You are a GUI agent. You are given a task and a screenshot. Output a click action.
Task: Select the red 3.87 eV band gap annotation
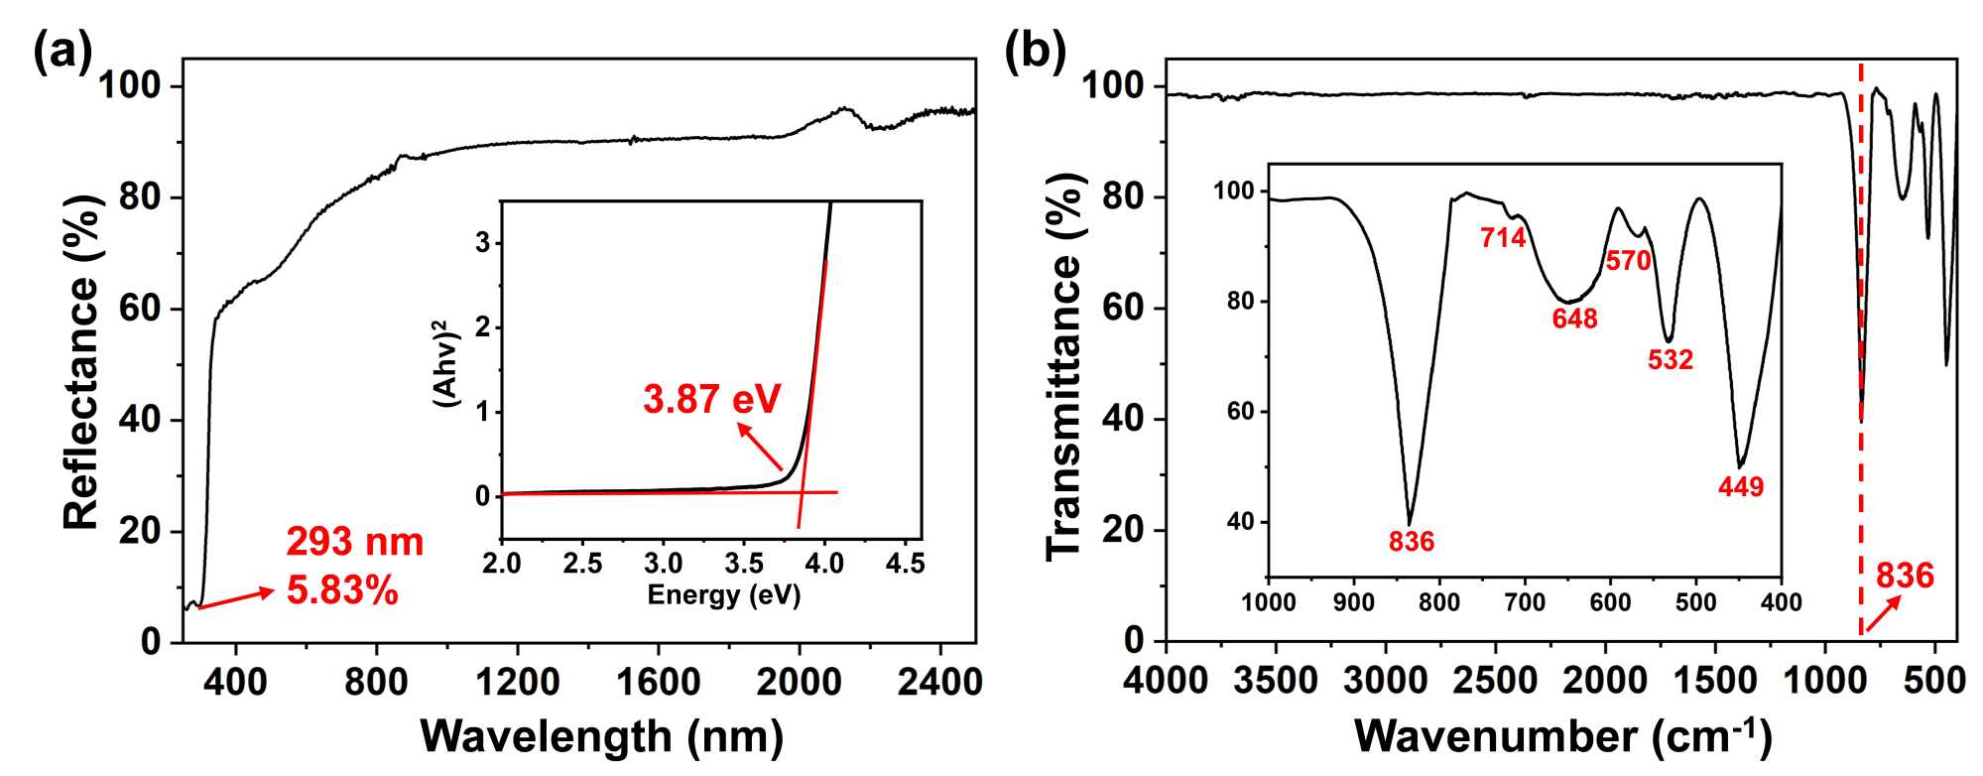click(711, 399)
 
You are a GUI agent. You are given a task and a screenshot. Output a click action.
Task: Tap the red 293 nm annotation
click(354, 542)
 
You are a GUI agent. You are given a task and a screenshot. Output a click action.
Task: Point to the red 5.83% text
click(342, 591)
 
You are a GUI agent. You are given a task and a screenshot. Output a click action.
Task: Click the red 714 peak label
click(1503, 238)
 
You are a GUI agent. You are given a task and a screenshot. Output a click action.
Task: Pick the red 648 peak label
click(1574, 319)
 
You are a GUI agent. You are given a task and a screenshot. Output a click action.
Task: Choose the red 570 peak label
click(1628, 261)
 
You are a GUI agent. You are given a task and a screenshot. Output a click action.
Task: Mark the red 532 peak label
click(1671, 359)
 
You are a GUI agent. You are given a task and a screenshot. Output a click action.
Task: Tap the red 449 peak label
click(1741, 487)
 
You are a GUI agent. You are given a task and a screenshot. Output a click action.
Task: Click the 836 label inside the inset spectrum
click(1411, 542)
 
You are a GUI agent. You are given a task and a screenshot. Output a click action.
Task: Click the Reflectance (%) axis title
click(82, 362)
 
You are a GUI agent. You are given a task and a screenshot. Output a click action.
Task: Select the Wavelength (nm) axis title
click(602, 736)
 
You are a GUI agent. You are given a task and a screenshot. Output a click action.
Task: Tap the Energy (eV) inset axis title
click(723, 595)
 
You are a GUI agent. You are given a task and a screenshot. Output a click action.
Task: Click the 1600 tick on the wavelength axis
click(658, 683)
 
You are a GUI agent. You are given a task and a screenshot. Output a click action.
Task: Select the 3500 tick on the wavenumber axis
click(1276, 683)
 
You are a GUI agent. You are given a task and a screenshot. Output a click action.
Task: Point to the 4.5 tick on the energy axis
click(905, 564)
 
